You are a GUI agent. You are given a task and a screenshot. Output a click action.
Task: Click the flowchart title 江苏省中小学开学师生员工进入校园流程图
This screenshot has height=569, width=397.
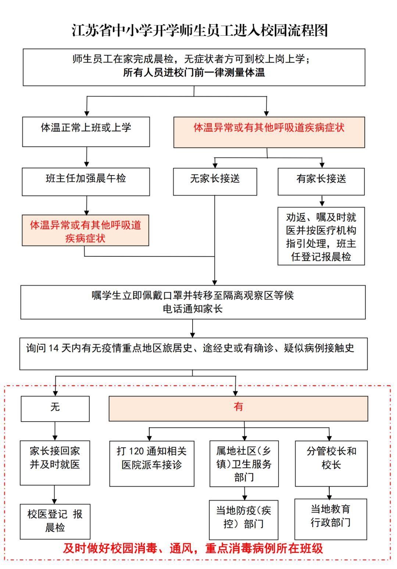pyautogui.click(x=200, y=30)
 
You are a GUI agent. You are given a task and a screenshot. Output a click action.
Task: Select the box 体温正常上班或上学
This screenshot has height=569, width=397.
pyautogui.click(x=86, y=132)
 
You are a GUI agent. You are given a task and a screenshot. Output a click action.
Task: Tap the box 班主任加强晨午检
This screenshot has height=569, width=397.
pyautogui.click(x=86, y=182)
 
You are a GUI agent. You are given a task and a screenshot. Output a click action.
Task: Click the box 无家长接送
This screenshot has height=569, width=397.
pyautogui.click(x=215, y=182)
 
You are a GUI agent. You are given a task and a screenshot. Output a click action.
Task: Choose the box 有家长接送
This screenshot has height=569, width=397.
pyautogui.click(x=321, y=182)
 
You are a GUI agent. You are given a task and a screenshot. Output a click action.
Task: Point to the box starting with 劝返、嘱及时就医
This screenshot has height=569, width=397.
pyautogui.click(x=321, y=236)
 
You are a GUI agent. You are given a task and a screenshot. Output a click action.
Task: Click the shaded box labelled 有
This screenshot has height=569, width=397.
pyautogui.click(x=238, y=408)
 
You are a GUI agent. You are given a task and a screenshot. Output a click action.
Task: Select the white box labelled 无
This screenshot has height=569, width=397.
pyautogui.click(x=55, y=409)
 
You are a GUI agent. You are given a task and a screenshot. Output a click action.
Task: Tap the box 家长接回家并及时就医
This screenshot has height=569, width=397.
pyautogui.click(x=55, y=462)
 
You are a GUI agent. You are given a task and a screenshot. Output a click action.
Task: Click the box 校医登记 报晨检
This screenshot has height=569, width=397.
pyautogui.click(x=55, y=521)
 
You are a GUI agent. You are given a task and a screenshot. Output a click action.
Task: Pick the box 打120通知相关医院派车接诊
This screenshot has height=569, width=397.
pyautogui.click(x=152, y=463)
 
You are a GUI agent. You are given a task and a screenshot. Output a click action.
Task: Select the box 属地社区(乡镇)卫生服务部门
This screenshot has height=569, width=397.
pyautogui.click(x=244, y=463)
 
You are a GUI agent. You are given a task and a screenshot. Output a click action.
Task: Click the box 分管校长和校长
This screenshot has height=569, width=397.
pyautogui.click(x=331, y=463)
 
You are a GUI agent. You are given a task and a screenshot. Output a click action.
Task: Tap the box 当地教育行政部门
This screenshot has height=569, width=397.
pyautogui.click(x=331, y=519)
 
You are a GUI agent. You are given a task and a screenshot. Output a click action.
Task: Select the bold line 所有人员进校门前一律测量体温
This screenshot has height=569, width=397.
pyautogui.click(x=194, y=72)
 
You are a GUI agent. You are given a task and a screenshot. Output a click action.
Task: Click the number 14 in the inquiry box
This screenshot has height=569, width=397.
pyautogui.click(x=54, y=348)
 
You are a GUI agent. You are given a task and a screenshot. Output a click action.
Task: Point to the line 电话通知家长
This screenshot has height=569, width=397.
pyautogui.click(x=193, y=309)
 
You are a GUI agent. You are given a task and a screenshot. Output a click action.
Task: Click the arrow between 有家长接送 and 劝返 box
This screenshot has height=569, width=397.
pyautogui.click(x=322, y=201)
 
